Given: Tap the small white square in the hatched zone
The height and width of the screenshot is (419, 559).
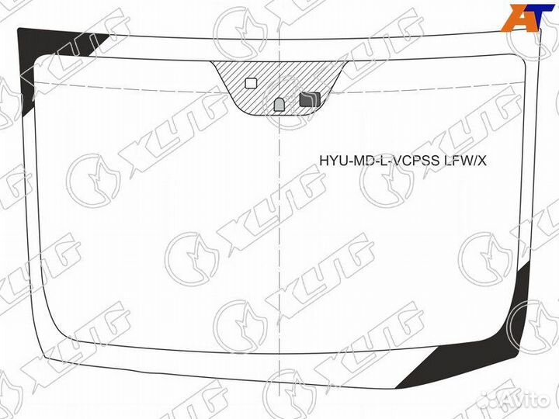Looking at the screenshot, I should click(251, 83).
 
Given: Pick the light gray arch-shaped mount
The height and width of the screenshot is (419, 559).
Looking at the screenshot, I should click(279, 104).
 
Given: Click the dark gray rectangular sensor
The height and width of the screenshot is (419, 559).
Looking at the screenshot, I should click(309, 99).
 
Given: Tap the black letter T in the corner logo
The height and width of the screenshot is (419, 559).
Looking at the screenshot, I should click(540, 17).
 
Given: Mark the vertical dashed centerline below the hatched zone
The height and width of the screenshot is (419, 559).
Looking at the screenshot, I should click(279, 233).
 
